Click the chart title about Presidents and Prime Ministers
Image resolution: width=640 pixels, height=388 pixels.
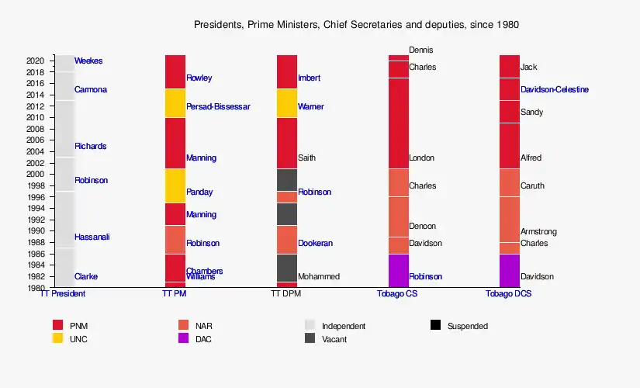tap(356, 25)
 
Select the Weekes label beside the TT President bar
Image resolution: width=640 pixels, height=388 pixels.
tap(88, 61)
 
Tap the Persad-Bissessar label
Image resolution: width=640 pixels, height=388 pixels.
tap(218, 107)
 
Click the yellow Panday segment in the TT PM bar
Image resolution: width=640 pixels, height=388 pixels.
tap(175, 185)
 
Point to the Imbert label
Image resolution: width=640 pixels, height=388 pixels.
tap(309, 78)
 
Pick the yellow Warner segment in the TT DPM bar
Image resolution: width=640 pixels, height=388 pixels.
tap(287, 103)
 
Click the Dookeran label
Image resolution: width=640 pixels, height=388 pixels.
tap(315, 244)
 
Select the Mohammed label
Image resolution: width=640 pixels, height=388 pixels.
tap(318, 277)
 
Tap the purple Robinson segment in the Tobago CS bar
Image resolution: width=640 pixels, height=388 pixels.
tap(398, 271)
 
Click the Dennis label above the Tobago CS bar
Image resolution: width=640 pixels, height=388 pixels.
tap(421, 50)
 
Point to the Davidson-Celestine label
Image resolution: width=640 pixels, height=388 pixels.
tap(554, 90)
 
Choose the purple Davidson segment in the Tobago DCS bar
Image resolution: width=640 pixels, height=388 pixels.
tap(510, 271)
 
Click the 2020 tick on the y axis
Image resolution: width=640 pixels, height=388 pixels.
tap(36, 61)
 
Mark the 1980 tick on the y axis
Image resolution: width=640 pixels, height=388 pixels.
tap(36, 288)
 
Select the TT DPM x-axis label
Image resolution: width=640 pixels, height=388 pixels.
tap(286, 295)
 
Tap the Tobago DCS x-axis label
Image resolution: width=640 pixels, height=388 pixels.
tap(508, 295)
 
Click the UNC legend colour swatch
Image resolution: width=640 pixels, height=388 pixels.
tap(57, 338)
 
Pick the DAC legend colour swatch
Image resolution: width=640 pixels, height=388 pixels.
tap(184, 338)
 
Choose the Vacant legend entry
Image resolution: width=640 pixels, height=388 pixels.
tap(334, 339)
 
